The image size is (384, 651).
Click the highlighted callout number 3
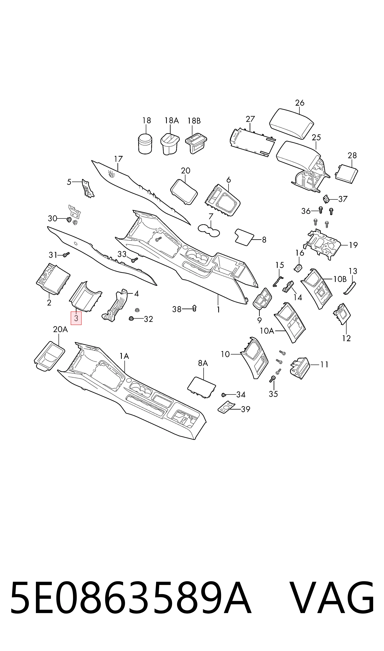pyautogui.click(x=76, y=318)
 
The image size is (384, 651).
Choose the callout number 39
pyautogui.click(x=246, y=409)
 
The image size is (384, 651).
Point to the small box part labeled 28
pyautogui.click(x=347, y=174)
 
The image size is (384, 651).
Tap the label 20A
pyautogui.click(x=60, y=329)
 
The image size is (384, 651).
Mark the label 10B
pyautogui.click(x=340, y=279)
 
